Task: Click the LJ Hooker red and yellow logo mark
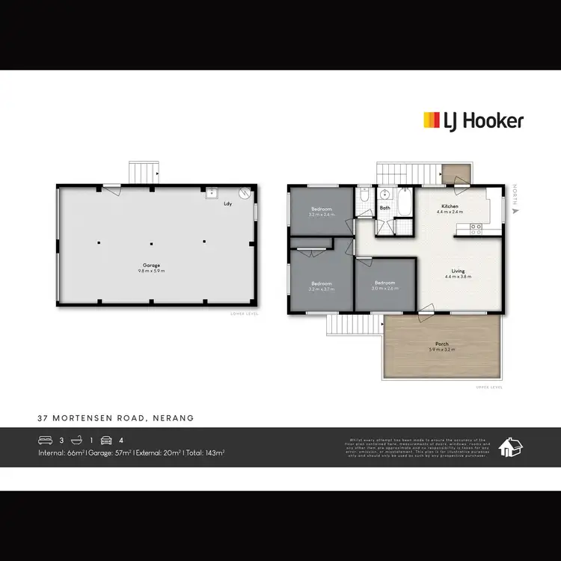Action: (432, 120)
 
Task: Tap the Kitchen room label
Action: (450, 206)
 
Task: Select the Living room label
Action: (458, 271)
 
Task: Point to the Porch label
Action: (438, 344)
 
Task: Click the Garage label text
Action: (151, 266)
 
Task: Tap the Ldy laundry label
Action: (227, 203)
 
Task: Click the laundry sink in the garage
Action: (212, 192)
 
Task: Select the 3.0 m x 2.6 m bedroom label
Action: (384, 283)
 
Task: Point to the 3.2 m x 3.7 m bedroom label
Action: (322, 284)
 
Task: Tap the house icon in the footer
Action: (510, 447)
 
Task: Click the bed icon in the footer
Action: (46, 440)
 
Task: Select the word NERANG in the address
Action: (176, 418)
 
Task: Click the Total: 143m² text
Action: (206, 453)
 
